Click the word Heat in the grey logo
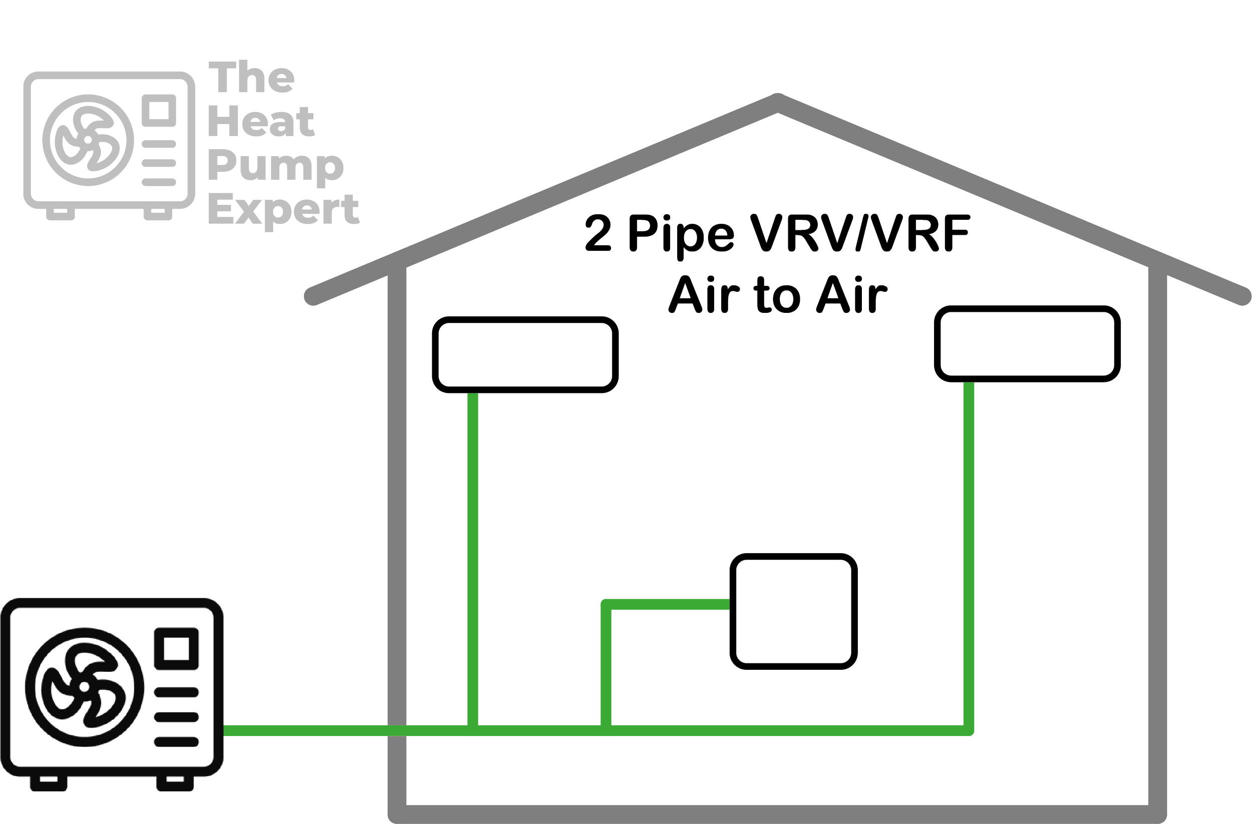coord(261,121)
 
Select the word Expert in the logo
coord(284,211)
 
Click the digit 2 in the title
coord(598,232)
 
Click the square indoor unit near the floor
coord(794,611)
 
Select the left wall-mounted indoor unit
coord(525,355)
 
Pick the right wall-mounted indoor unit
coord(1027,344)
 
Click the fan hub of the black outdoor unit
coord(84,687)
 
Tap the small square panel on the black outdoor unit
coord(176,649)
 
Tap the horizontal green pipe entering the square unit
coord(667,604)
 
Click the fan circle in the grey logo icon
coord(88,140)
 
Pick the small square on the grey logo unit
coord(159,111)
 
